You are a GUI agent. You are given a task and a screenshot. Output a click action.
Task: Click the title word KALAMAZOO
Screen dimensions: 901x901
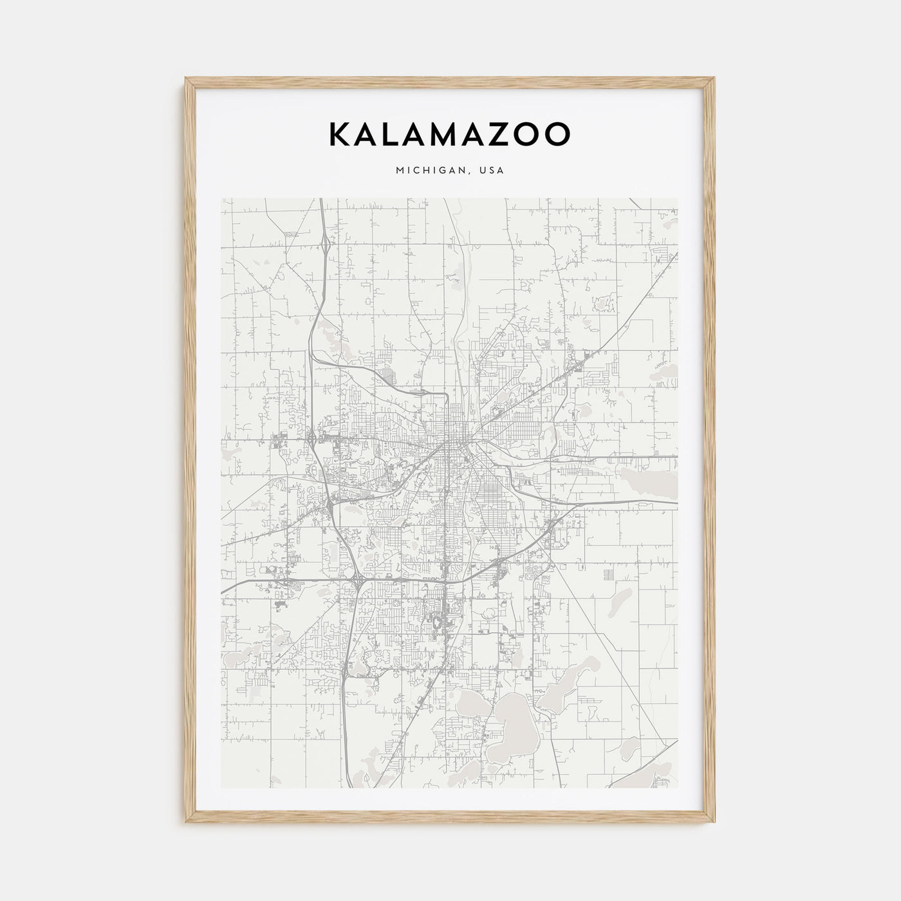[449, 134]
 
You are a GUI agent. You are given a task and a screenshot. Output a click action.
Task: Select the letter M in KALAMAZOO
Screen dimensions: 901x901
[447, 134]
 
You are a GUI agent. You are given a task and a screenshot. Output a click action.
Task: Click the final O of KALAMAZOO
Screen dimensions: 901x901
[558, 134]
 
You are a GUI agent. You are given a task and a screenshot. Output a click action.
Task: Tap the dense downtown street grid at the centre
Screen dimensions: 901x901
[458, 444]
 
